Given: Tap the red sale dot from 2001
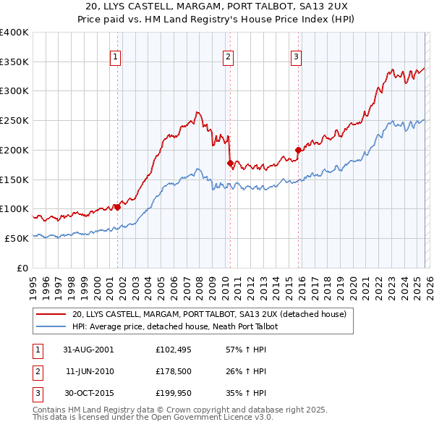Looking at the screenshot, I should click(x=117, y=207).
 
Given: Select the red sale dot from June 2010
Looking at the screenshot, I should click(x=230, y=163).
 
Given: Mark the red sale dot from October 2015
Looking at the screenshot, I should click(x=298, y=151).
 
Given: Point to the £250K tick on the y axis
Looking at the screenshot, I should click(x=14, y=120).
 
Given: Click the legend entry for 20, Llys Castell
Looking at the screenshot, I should click(x=209, y=314).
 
